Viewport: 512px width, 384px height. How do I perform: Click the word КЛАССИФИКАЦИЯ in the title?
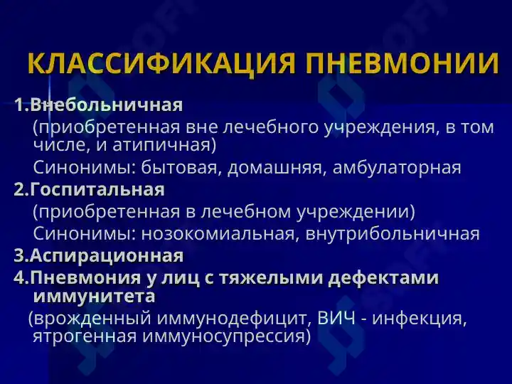[161, 63]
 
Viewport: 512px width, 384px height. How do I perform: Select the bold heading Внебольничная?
[107, 105]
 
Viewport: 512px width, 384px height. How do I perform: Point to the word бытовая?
[179, 168]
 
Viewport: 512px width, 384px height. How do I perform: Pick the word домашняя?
[277, 168]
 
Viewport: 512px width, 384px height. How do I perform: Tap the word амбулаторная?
[397, 168]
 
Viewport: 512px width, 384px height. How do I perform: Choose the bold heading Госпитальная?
[97, 189]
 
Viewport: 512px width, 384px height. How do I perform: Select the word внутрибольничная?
[393, 234]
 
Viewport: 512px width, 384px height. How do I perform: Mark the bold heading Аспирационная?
[107, 255]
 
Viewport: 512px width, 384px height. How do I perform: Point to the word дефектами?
[383, 278]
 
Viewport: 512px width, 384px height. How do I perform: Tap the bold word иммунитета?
[95, 296]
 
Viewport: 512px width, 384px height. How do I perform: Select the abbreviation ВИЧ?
[336, 318]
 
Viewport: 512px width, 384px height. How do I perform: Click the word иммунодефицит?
[231, 318]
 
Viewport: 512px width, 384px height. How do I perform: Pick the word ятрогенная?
[85, 336]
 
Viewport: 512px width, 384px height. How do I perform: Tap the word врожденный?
[92, 319]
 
